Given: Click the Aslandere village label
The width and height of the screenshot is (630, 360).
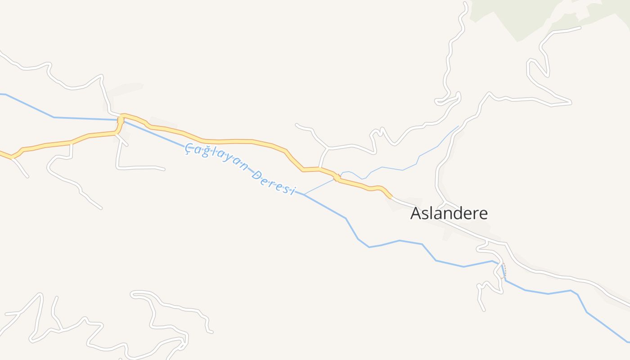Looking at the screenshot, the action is tap(449, 213).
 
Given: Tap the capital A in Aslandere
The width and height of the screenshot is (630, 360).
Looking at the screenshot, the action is tap(416, 213).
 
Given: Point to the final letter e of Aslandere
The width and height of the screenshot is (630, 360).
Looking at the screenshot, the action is tap(483, 214).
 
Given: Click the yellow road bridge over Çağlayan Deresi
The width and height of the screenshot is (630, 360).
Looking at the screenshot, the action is tap(121, 120).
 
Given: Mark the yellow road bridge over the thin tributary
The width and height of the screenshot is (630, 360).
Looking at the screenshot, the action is tap(337, 178).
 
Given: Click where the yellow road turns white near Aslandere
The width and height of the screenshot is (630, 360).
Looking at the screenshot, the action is tap(391, 197).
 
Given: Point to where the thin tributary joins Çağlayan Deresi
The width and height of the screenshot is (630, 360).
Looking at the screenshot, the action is tap(304, 194).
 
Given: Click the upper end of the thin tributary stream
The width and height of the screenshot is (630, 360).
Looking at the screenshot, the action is tap(459, 126).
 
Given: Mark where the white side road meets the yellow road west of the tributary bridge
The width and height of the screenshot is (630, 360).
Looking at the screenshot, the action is tap(319, 169).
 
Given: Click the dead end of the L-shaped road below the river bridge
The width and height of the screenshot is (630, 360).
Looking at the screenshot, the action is tap(164, 169).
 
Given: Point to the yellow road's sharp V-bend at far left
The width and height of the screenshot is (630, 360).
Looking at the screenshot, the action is tap(13, 157).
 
